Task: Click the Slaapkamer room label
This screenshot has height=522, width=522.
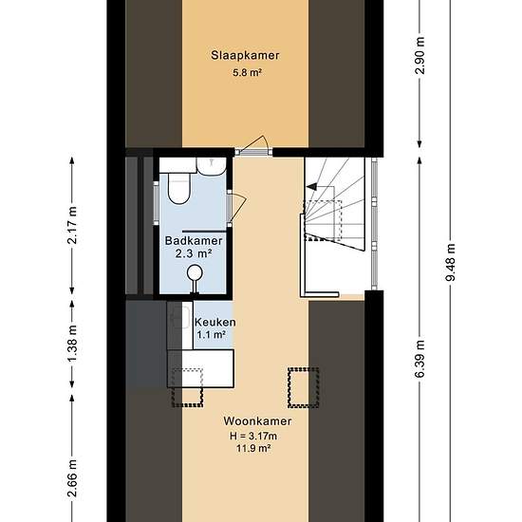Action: pos(245,56)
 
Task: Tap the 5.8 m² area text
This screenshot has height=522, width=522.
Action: pos(247,72)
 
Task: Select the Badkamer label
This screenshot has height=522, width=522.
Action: pos(194,240)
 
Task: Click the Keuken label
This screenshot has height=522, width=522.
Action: pos(215,322)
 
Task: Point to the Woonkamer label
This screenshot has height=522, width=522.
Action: pos(257,420)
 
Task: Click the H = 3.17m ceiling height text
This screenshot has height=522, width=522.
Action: pos(253,436)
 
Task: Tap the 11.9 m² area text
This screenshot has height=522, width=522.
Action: pos(253,448)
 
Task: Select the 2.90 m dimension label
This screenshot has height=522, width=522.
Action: pos(420,55)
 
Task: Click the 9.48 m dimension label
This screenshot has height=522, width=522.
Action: pos(451,262)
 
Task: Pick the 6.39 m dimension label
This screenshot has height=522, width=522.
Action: pos(420,359)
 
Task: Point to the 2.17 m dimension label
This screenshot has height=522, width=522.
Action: pos(72,225)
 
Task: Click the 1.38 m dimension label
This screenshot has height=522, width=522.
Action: pos(72,344)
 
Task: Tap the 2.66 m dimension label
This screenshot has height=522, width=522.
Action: pos(72,478)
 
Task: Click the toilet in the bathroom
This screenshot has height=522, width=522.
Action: pos(179,187)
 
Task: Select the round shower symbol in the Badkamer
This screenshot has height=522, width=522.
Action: pos(195,273)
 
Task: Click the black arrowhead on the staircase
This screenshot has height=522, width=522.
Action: pos(311,187)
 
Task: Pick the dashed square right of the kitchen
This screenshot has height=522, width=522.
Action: pos(304,387)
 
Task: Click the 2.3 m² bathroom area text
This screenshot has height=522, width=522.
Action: pos(194,253)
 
